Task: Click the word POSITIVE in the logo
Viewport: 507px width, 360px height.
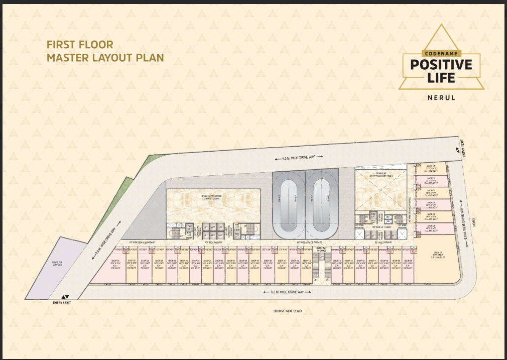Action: coord(441,65)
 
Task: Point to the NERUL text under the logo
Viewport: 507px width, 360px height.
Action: coord(441,97)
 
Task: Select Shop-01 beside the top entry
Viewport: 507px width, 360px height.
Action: coord(431,169)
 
